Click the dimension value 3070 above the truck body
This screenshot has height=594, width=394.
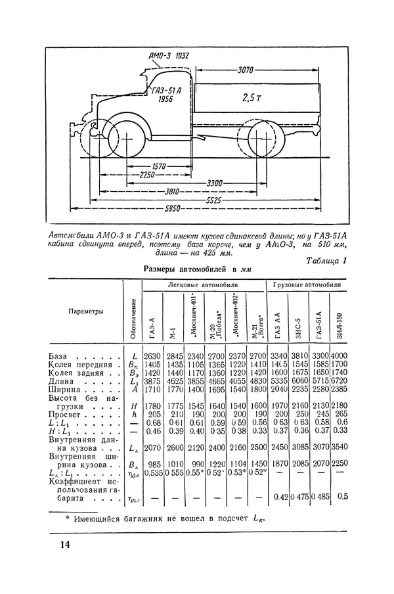click(x=246, y=68)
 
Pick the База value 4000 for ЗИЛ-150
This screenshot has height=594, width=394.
click(x=338, y=355)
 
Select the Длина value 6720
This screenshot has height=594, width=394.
click(x=338, y=380)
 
